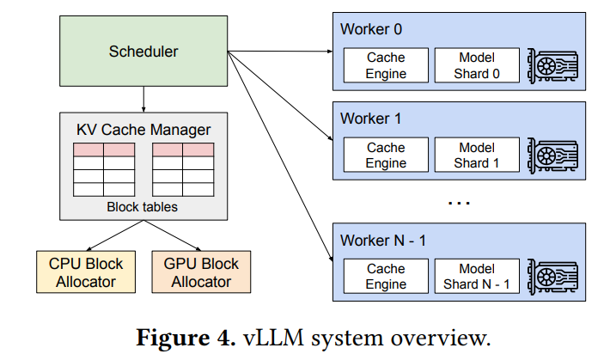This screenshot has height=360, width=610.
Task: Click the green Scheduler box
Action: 143,52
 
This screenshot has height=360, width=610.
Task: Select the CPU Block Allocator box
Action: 81,272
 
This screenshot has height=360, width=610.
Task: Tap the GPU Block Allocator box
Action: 194,272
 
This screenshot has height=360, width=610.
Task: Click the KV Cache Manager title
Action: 143,130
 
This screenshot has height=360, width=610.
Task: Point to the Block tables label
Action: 143,207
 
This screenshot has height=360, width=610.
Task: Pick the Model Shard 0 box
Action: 477,66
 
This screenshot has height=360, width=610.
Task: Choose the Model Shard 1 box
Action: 477,156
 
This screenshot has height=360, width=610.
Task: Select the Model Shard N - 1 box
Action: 477,277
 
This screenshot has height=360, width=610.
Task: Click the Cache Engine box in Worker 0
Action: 386,66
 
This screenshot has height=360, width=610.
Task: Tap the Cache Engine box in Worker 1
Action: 386,156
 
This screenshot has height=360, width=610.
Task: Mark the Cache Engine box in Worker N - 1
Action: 386,277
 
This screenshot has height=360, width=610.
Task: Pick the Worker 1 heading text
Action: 371,119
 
